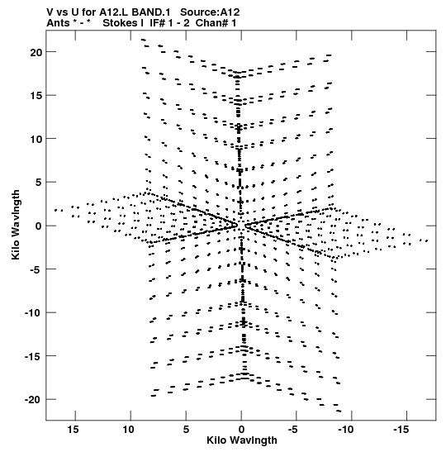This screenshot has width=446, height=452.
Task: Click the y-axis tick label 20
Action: [x=36, y=52]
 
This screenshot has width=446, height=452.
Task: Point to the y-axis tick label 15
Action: [x=36, y=96]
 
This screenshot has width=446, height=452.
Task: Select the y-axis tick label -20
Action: [x=33, y=400]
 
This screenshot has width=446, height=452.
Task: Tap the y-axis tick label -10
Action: [x=33, y=313]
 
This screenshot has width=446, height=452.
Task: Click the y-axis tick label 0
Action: [x=39, y=226]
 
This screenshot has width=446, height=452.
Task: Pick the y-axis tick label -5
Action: [x=36, y=269]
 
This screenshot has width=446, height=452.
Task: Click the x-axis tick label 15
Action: [x=73, y=430]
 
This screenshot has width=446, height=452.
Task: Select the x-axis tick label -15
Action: [x=401, y=430]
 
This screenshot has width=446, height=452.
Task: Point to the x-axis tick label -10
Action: [x=345, y=430]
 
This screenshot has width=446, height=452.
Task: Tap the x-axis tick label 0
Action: [x=241, y=430]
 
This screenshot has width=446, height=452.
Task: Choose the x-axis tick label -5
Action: [x=292, y=430]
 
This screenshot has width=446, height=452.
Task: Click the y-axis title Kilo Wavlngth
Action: [x=16, y=225]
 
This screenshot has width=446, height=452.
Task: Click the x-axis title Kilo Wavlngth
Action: [x=242, y=440]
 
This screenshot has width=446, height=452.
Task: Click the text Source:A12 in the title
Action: [x=210, y=12]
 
